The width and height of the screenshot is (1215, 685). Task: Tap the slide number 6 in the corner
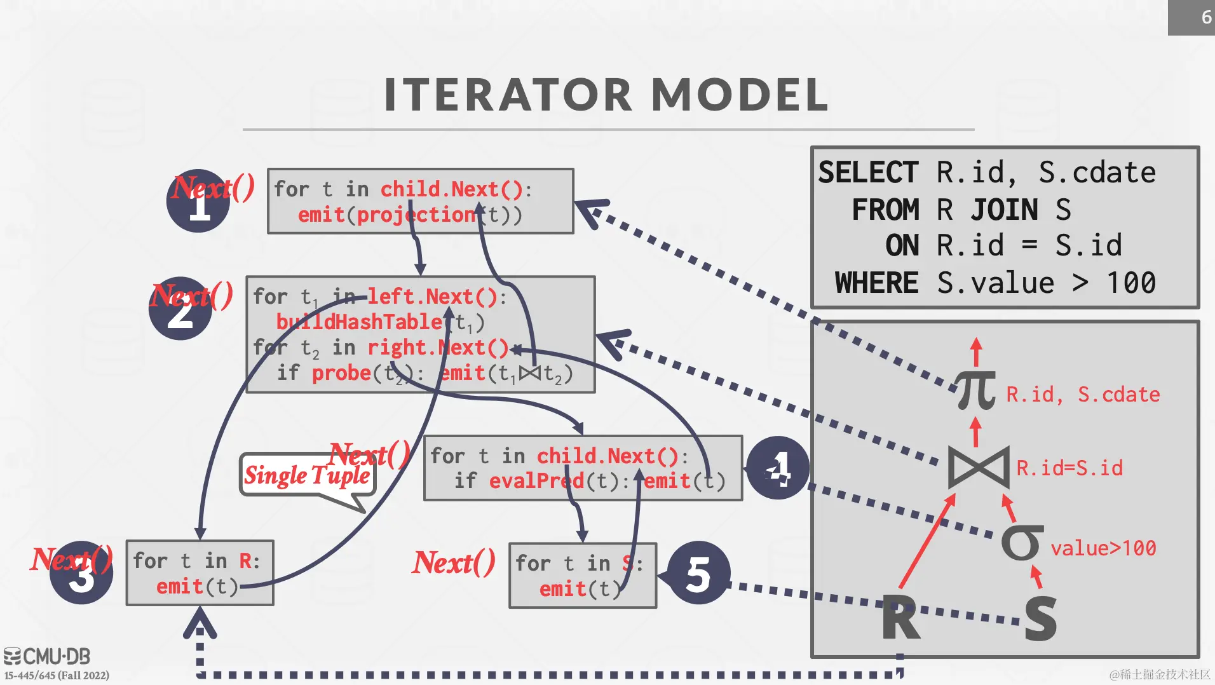1206,17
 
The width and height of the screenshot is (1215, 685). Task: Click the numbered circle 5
698,574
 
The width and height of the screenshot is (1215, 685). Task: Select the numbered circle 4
778,468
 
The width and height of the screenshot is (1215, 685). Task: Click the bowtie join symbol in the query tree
978,468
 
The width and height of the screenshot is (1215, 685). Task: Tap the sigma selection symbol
1022,543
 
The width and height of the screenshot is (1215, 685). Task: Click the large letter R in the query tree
901,618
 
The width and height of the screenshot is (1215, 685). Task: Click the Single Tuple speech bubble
307,476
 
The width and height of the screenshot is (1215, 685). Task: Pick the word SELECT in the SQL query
868,173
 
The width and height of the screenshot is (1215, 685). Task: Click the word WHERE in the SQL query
876,283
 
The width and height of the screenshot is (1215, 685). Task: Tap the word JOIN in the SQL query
1004,210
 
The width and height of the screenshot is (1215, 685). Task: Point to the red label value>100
1103,548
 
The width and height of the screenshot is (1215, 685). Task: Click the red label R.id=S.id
1069,468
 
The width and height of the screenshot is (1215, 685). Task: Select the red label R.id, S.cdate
1083,395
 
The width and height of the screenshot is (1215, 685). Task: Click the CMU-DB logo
48,656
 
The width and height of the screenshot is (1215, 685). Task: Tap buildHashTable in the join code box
359,322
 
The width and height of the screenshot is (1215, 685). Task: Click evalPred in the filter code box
536,481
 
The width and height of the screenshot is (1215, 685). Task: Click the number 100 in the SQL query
1131,283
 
